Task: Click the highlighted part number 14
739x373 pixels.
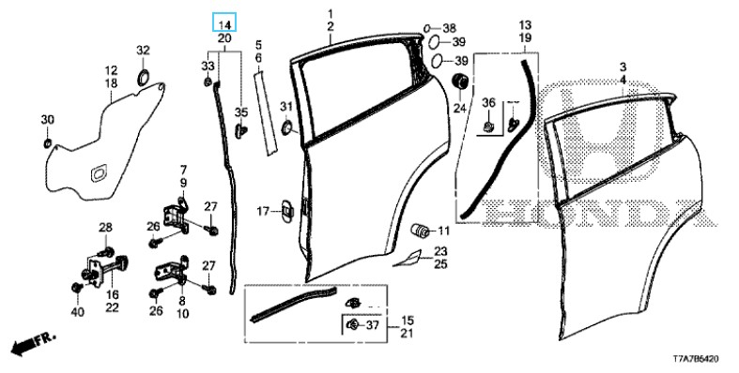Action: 224,23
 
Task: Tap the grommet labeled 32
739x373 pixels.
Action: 143,77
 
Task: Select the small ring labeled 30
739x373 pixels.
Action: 48,142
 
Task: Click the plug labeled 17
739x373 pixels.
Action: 286,210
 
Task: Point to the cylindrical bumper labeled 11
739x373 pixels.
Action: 420,230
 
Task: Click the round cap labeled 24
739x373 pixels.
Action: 460,81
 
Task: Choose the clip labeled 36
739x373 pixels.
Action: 489,126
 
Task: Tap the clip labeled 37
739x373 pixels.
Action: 352,323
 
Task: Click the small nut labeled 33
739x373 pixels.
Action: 208,82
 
